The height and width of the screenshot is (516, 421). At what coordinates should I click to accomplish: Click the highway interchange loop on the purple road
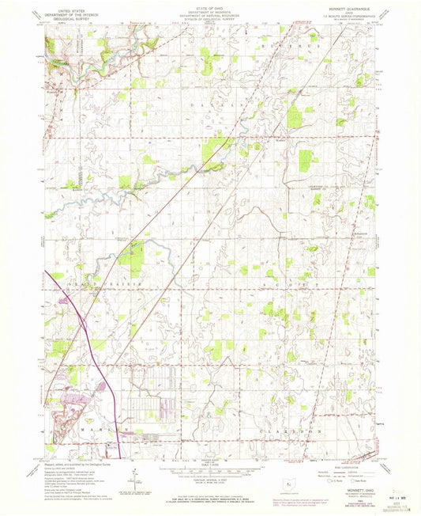[85, 322]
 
